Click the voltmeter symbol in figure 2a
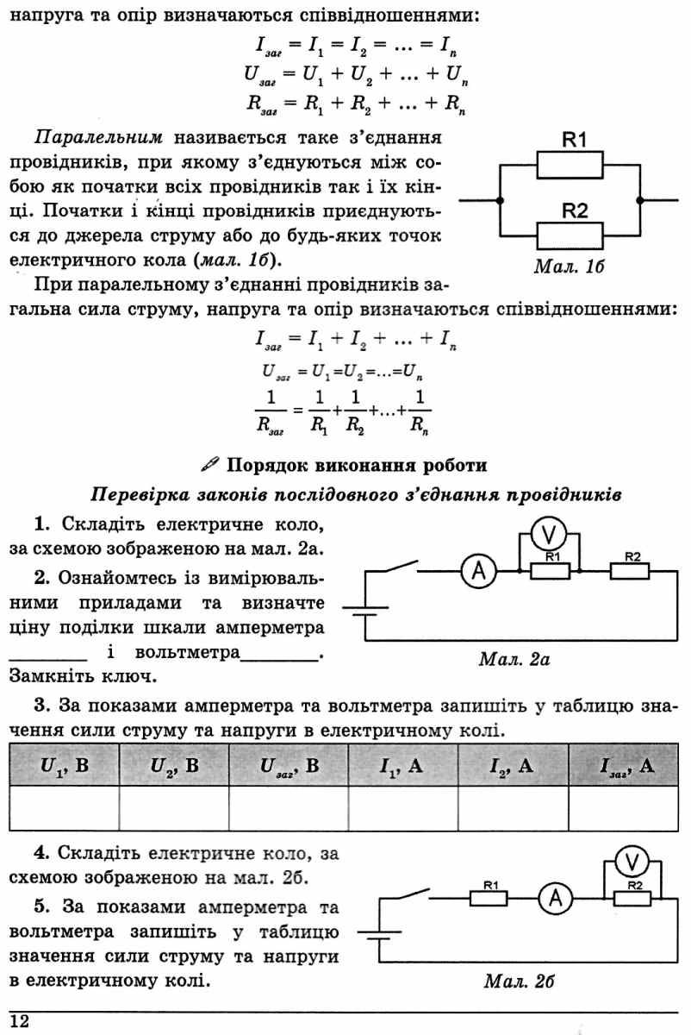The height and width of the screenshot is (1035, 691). (x=548, y=535)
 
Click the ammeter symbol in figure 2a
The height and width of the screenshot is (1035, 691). (x=479, y=572)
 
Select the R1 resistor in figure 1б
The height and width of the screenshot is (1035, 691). (x=570, y=165)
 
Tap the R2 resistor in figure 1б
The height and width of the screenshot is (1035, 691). (x=570, y=236)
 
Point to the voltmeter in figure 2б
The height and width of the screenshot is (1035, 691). (x=632, y=862)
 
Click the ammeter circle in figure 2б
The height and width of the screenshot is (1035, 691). (x=556, y=899)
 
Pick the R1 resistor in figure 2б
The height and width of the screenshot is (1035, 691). (x=489, y=899)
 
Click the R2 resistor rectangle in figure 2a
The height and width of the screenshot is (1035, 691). (x=630, y=571)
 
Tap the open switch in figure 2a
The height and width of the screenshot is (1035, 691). (x=401, y=567)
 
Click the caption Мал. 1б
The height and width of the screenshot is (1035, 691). (x=569, y=267)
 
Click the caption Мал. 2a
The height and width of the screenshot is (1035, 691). (x=514, y=659)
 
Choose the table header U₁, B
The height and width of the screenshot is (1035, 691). (x=64, y=766)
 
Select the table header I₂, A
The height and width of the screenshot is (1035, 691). (x=512, y=766)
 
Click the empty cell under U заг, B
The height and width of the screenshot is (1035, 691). (x=289, y=808)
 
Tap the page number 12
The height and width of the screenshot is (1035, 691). (x=20, y=1020)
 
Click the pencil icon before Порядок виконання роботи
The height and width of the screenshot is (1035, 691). (x=210, y=464)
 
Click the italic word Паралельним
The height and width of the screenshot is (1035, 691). (x=98, y=138)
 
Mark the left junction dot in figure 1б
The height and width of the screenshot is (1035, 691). (x=500, y=200)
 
